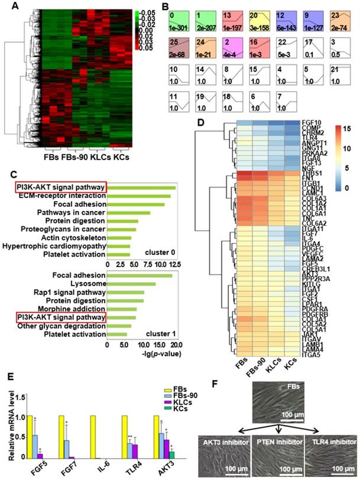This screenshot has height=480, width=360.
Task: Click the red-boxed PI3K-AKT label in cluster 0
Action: point(60,187)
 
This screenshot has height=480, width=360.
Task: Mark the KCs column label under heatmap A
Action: point(121,158)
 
